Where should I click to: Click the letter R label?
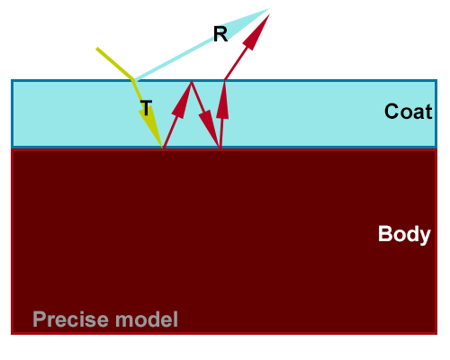(x=220, y=33)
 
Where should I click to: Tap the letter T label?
(x=146, y=108)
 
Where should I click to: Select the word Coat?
(x=408, y=112)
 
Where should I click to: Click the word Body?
(x=404, y=234)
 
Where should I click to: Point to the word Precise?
(x=71, y=319)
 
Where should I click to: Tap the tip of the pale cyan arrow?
(x=269, y=9)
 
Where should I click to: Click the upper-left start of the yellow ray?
(x=97, y=49)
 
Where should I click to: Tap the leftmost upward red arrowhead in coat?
(x=182, y=100)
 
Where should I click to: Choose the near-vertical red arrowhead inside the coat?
(x=222, y=101)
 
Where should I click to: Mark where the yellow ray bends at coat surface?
(x=133, y=80)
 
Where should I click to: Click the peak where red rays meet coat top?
(x=191, y=82)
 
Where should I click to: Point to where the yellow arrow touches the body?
(x=163, y=148)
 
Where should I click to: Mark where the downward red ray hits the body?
(x=220, y=148)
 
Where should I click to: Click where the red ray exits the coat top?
(x=225, y=80)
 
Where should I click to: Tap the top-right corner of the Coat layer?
(x=436, y=80)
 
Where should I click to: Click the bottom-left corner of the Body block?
(x=12, y=334)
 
